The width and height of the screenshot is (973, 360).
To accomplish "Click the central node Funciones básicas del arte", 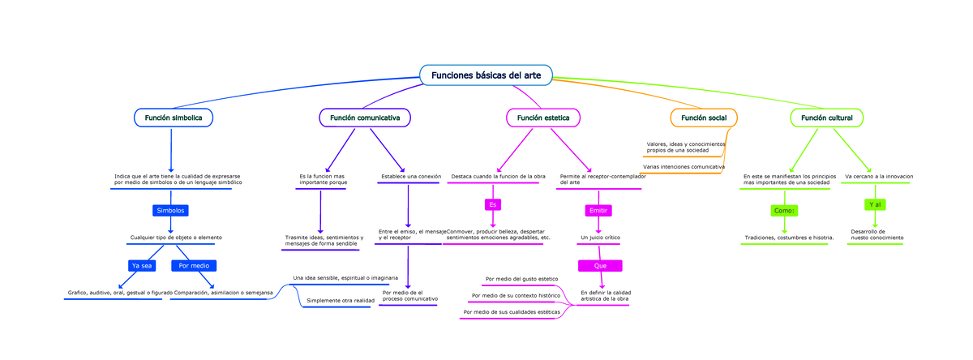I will (486, 75).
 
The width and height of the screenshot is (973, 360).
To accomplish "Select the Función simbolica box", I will (173, 118).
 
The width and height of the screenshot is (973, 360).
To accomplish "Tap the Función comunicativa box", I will (364, 118).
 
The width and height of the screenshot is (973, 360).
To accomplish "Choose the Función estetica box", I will (542, 118).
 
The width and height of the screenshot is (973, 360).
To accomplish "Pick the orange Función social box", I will (703, 118).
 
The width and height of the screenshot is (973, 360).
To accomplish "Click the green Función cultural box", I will (826, 118).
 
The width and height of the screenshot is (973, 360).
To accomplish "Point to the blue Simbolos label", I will (170, 211).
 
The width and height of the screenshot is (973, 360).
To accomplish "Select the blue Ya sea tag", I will (141, 266).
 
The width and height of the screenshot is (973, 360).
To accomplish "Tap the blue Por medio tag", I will (194, 266).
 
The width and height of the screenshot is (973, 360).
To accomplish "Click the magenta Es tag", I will (492, 204).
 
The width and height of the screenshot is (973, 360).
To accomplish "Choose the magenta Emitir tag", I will (598, 211).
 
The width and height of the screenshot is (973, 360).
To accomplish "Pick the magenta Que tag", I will (600, 266).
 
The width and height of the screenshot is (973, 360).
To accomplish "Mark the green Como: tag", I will (784, 211).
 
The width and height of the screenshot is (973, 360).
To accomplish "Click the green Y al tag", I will (875, 204).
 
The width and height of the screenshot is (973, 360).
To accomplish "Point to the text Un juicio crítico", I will (600, 238).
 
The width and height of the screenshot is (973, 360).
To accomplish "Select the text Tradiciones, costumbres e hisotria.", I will (789, 238).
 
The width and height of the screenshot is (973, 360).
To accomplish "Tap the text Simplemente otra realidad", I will (340, 300).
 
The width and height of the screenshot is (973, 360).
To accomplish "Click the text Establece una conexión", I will (410, 176).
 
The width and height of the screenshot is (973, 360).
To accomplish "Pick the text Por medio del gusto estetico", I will (521, 279).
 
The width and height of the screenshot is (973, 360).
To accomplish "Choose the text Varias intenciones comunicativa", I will (684, 166).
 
